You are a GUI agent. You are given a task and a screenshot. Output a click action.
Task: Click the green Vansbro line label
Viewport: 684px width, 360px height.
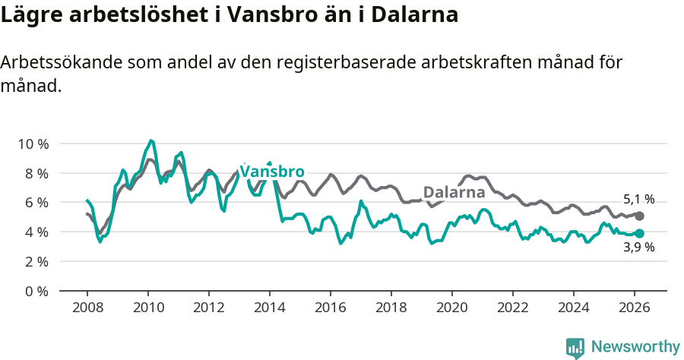pyautogui.click(x=272, y=171)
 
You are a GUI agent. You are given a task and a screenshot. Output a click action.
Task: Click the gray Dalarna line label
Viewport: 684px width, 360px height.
pyautogui.click(x=454, y=192)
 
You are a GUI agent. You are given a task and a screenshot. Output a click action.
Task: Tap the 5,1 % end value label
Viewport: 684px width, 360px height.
pyautogui.click(x=638, y=200)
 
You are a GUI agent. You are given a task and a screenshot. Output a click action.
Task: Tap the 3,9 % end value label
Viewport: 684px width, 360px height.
pyautogui.click(x=638, y=247)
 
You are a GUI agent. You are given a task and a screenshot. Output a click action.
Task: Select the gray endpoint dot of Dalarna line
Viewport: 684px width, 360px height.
pyautogui.click(x=639, y=216)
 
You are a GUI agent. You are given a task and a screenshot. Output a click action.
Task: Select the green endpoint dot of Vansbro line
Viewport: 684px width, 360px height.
pyautogui.click(x=639, y=233)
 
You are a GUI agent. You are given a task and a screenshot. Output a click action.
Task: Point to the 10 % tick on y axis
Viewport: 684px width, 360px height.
pyautogui.click(x=33, y=144)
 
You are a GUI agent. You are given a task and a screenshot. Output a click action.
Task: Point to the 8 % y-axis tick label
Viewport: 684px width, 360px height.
pyautogui.click(x=36, y=173)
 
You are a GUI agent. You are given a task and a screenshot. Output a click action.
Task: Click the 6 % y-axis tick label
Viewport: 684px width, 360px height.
pyautogui.click(x=36, y=202)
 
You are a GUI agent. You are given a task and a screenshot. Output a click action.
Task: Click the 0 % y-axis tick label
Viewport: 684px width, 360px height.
pyautogui.click(x=36, y=291)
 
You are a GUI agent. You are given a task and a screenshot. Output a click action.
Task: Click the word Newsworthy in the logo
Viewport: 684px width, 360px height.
pyautogui.click(x=635, y=347)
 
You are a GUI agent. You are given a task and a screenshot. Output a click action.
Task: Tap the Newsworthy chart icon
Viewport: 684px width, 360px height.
pyautogui.click(x=575, y=348)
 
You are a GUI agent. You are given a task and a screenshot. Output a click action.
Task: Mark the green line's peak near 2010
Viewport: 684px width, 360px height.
pyautogui.click(x=151, y=141)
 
